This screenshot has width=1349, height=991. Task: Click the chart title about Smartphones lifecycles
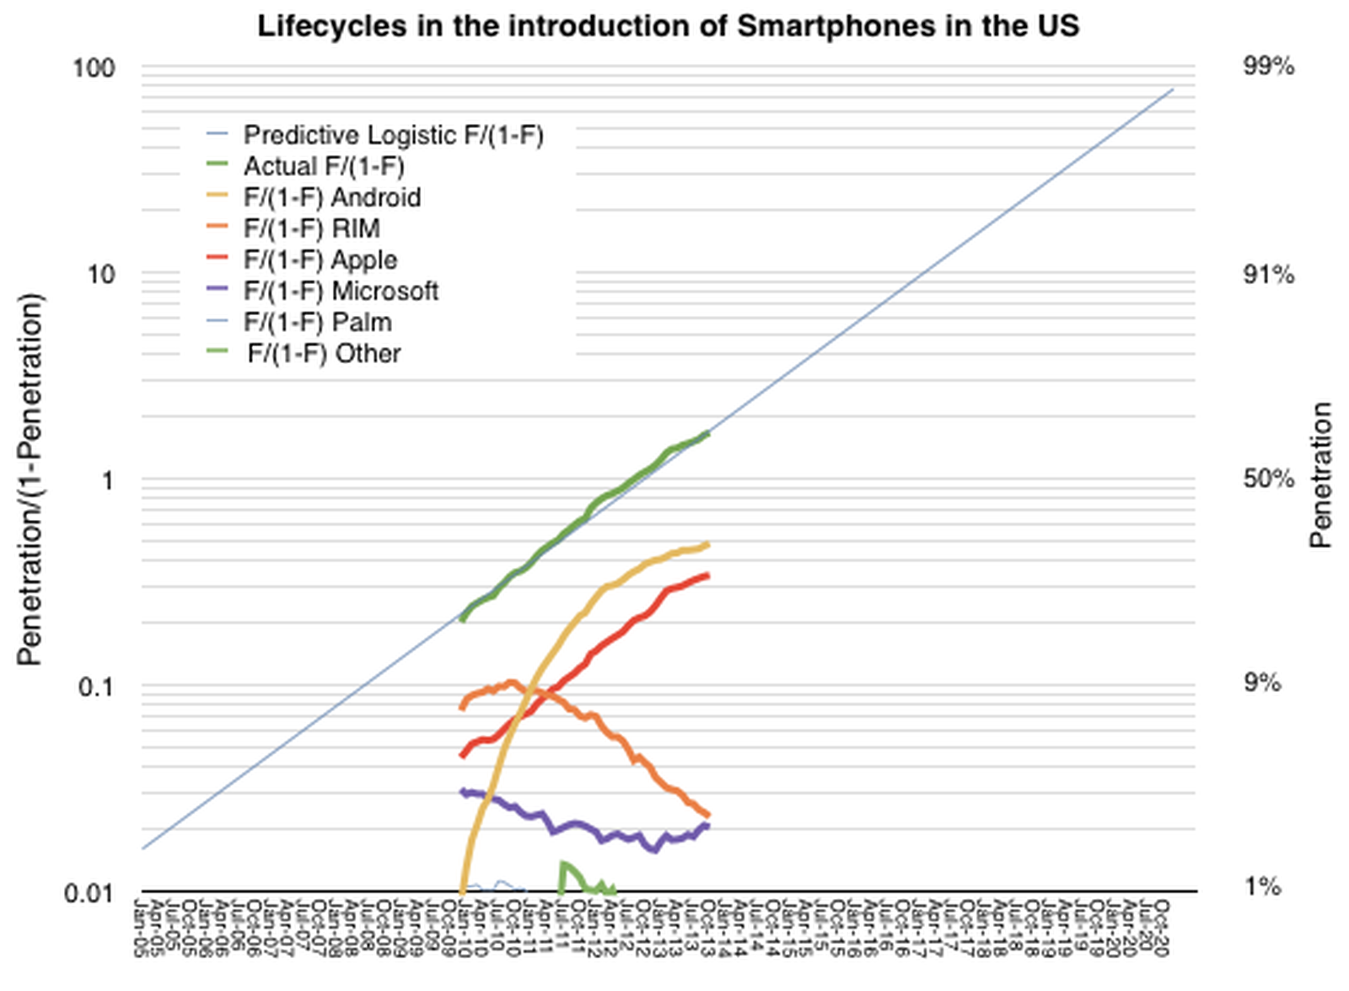pyautogui.click(x=668, y=26)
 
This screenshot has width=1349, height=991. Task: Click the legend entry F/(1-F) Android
pyautogui.click(x=332, y=197)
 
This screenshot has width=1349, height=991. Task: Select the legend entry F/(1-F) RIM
pyautogui.click(x=312, y=228)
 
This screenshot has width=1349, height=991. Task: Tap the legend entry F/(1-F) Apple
pyautogui.click(x=320, y=260)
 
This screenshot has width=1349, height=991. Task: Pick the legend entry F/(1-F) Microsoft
pyautogui.click(x=341, y=291)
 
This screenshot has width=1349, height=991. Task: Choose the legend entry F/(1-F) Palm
pyautogui.click(x=318, y=322)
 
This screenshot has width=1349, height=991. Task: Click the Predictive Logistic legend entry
pyautogui.click(x=393, y=135)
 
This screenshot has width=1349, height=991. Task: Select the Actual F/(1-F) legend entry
pyautogui.click(x=324, y=166)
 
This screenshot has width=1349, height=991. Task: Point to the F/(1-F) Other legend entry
pyautogui.click(x=324, y=353)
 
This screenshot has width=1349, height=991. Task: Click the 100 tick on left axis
pyautogui.click(x=93, y=67)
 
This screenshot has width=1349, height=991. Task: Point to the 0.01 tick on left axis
pyautogui.click(x=89, y=892)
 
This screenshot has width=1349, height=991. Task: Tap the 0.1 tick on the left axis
pyautogui.click(x=95, y=687)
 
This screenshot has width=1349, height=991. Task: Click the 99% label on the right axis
pyautogui.click(x=1268, y=66)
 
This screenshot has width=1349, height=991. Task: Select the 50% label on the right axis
pyautogui.click(x=1268, y=479)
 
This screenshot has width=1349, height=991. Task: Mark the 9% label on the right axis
pyautogui.click(x=1262, y=683)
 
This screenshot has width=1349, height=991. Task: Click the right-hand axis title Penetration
pyautogui.click(x=1320, y=475)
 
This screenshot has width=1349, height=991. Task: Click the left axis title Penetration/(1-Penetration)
pyautogui.click(x=30, y=479)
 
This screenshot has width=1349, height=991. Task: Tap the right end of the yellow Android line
pyautogui.click(x=707, y=544)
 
